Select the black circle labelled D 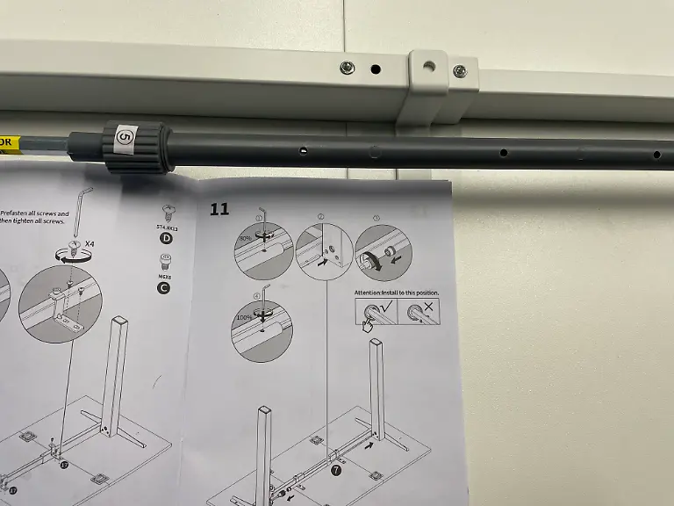[164, 237]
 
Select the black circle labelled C [164, 287]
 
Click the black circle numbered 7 [335, 471]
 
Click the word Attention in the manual [371, 292]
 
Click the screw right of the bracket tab [458, 71]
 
